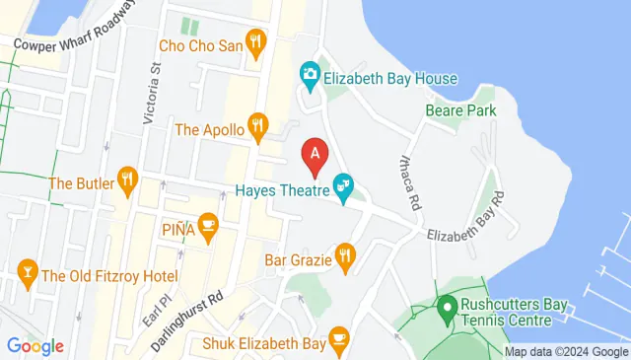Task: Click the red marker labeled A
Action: point(315,155)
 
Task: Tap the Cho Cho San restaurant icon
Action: point(256,41)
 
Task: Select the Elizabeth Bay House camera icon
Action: point(310,73)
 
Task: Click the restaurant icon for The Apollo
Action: point(257,124)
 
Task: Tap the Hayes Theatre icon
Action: point(343,185)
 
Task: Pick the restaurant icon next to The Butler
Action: point(126,179)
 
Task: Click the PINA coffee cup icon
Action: point(207,225)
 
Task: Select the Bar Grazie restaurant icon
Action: point(344,257)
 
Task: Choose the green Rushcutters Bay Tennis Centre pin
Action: point(446,307)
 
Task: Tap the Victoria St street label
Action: point(150,94)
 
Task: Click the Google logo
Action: point(35,345)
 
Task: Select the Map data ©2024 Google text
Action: point(566,352)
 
